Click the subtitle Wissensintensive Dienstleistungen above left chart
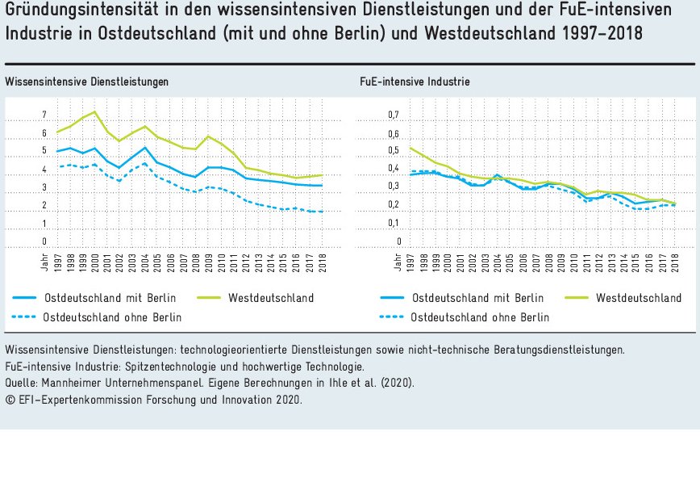86,82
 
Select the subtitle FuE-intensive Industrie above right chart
415,82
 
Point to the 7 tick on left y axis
44,115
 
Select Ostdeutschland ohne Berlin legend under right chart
480,317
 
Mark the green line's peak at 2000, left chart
95,111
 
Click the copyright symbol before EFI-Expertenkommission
9,399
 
